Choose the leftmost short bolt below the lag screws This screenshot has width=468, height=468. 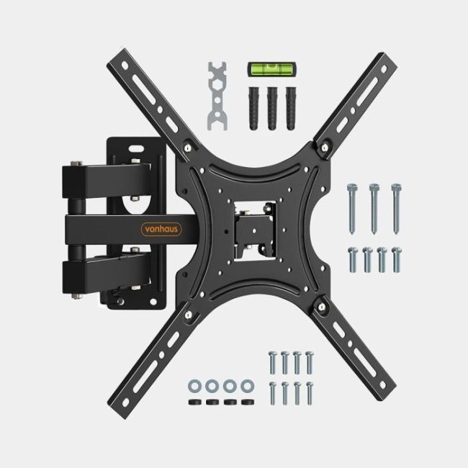[x=353, y=258]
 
